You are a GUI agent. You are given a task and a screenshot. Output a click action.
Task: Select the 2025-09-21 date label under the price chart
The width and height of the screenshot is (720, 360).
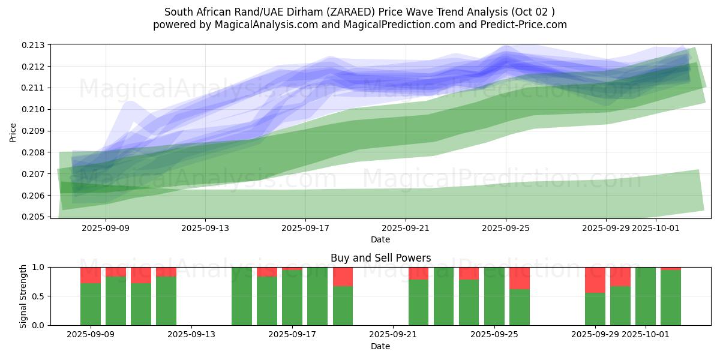coord(406,228)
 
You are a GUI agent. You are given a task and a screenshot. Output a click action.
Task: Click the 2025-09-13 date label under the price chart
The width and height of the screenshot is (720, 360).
coord(205,228)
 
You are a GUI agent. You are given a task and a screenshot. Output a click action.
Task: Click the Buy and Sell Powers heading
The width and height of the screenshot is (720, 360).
coord(380,258)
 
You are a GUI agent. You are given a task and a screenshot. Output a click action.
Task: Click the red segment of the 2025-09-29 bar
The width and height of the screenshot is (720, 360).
coord(595,280)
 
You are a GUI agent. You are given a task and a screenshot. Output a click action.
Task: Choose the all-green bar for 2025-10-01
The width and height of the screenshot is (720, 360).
coord(646,296)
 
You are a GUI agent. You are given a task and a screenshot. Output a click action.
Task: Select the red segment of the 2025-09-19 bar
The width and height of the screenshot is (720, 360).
coord(343,277)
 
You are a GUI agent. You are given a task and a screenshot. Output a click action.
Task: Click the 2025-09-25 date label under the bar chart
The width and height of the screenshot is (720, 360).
coord(494,335)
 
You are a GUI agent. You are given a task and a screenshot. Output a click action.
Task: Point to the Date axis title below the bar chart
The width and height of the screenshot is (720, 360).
coord(380,346)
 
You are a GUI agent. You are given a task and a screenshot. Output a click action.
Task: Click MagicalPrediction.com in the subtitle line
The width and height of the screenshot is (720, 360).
coord(397,25)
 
